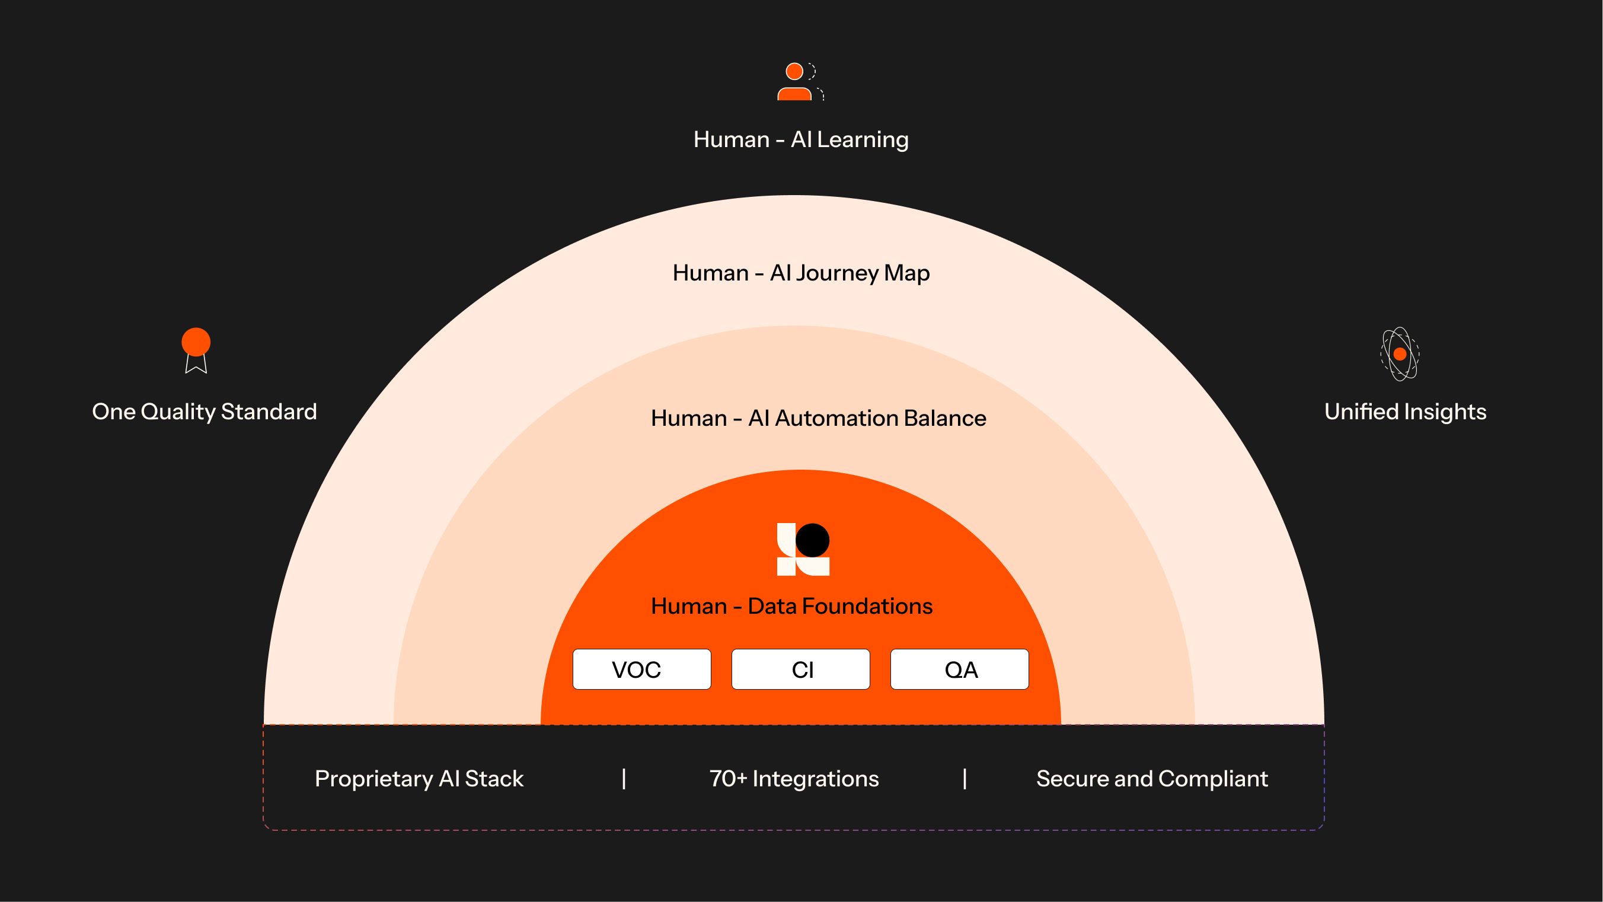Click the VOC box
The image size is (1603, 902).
641,669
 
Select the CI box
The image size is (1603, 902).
800,669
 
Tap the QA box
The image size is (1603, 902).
959,669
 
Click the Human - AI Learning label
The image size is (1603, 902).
801,139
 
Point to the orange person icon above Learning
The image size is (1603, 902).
796,82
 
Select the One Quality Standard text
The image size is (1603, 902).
204,412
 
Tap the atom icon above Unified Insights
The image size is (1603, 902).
1400,353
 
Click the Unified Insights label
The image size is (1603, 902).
1405,412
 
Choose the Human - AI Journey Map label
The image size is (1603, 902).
801,273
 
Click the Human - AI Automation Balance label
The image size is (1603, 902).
818,417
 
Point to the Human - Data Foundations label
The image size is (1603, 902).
791,605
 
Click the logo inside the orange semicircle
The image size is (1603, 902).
803,549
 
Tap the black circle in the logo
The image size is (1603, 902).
812,540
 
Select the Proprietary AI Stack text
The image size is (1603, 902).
419,778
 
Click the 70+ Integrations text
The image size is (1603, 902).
794,778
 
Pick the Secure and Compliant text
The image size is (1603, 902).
1152,778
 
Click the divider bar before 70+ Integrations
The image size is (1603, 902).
624,778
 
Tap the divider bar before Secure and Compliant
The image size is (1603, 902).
965,778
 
